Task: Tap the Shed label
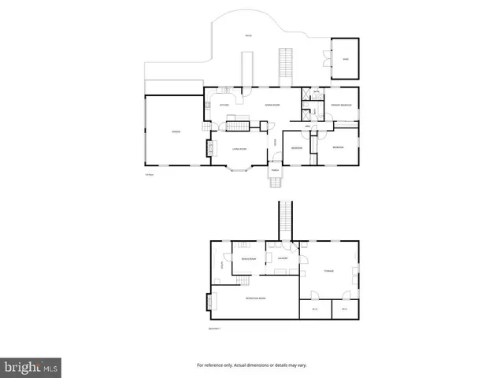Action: coord(344,57)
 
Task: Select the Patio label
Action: coord(248,35)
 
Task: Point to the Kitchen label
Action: coord(224,105)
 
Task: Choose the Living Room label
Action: coord(239,148)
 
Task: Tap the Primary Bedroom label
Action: coord(340,105)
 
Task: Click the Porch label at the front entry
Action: coord(275,170)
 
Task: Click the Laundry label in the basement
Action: coord(283,258)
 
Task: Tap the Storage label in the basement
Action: coord(329,271)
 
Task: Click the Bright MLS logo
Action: coord(31,366)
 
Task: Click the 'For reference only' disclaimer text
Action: coord(252,365)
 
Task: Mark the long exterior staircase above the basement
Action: coord(286,220)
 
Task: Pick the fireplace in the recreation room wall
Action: coord(209,301)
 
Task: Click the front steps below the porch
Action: coord(275,183)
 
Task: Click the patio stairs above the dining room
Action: coord(285,67)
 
